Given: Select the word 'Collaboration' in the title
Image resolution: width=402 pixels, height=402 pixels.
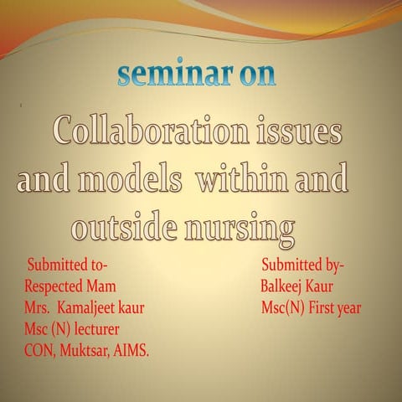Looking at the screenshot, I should click(x=143, y=131).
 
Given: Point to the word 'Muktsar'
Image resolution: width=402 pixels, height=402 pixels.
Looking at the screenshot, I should click(x=88, y=349).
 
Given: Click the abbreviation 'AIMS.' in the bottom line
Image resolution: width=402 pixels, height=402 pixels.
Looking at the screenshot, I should click(x=132, y=349).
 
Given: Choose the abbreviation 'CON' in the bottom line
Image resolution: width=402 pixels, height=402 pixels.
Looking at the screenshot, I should click(x=38, y=349).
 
